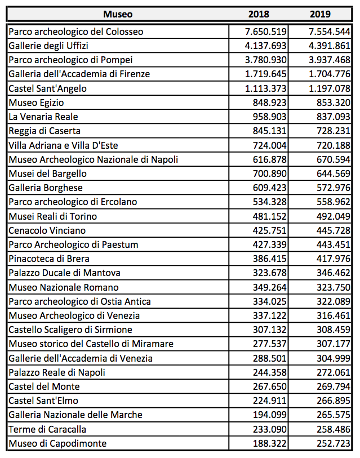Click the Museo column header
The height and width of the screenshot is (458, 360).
click(x=118, y=14)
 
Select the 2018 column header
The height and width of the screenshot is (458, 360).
click(x=259, y=14)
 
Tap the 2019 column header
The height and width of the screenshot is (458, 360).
click(x=320, y=14)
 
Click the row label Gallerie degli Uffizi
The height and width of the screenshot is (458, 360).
click(x=49, y=46)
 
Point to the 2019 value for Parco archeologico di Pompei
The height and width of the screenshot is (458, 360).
click(x=325, y=60)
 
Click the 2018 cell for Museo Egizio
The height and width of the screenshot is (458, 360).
click(x=270, y=103)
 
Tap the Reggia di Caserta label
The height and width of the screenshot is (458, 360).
click(x=45, y=131)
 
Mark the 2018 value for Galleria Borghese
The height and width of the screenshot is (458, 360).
click(x=270, y=188)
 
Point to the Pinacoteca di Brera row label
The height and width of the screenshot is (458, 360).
click(x=49, y=259)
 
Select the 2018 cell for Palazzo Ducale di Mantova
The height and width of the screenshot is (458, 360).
click(x=270, y=273)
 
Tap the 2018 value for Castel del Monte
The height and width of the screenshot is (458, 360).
click(x=270, y=386)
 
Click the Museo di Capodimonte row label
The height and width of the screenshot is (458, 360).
click(x=57, y=443)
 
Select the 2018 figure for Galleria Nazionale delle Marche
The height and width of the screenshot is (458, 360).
click(x=270, y=415)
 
